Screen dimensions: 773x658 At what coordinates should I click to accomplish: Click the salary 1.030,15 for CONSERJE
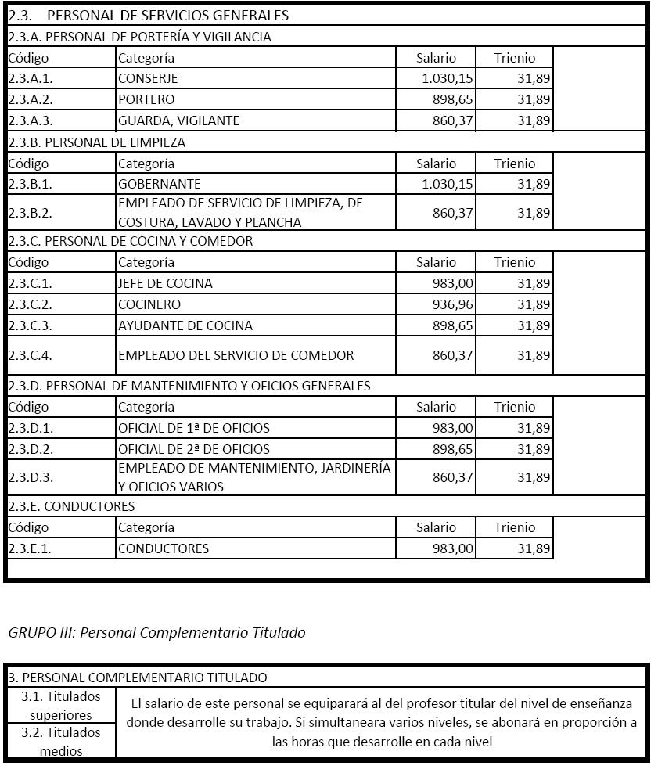[447, 78]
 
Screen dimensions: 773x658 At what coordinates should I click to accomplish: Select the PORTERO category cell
[146, 99]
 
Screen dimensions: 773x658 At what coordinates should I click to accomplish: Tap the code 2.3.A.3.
[31, 120]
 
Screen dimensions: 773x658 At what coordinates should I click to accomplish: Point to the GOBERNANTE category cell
[160, 184]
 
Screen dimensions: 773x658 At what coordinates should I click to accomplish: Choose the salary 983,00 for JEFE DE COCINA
[453, 283]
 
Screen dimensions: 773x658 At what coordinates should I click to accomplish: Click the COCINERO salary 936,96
[453, 304]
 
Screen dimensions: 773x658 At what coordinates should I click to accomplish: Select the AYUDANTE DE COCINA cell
[185, 325]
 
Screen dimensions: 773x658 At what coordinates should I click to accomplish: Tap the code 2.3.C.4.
[31, 355]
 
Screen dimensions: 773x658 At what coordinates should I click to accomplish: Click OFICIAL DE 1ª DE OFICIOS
[194, 428]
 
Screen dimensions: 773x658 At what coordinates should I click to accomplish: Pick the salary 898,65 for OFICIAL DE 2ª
[453, 449]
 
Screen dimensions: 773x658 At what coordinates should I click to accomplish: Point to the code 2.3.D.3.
[31, 477]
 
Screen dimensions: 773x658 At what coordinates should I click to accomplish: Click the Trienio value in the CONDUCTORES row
[534, 548]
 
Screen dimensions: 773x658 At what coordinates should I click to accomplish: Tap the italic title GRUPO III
[156, 632]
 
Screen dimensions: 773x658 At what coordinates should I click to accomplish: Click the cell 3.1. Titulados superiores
[61, 705]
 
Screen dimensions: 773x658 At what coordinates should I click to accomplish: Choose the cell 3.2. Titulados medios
[61, 742]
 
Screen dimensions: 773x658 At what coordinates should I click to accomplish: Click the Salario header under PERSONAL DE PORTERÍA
[436, 57]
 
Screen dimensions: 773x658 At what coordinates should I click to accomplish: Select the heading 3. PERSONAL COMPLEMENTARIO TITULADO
[138, 678]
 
